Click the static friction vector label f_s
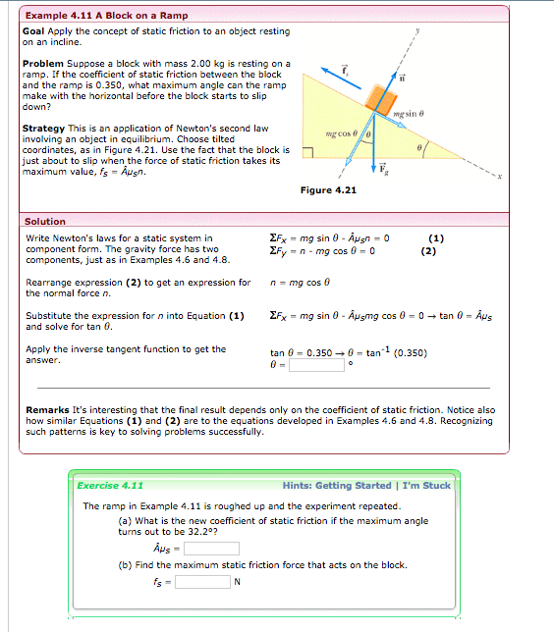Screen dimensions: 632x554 pyautogui.click(x=345, y=69)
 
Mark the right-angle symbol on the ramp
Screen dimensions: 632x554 pyautogui.click(x=306, y=152)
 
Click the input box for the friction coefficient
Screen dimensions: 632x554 pyautogui.click(x=208, y=549)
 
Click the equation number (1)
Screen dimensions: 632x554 pyautogui.click(x=436, y=237)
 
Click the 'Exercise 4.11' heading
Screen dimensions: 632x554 pyautogui.click(x=110, y=485)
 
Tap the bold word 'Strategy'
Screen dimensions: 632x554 pyautogui.click(x=44, y=129)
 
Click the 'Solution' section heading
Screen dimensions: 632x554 pyautogui.click(x=45, y=222)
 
